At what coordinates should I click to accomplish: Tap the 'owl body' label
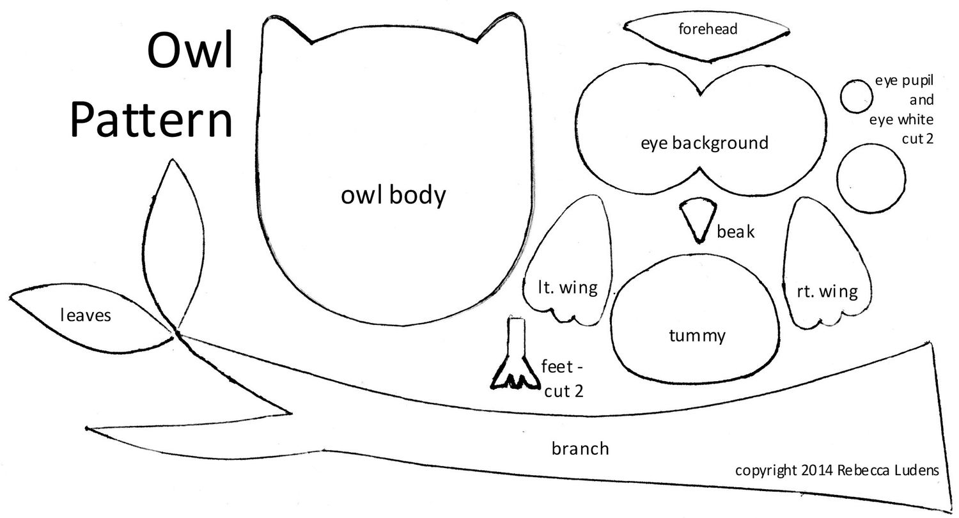pyautogui.click(x=393, y=195)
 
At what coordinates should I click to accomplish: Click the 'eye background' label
pyautogui.click(x=704, y=142)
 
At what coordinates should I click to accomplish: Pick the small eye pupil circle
pyautogui.click(x=856, y=97)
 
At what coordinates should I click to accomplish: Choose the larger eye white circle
pyautogui.click(x=870, y=177)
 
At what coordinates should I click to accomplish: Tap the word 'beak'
pyautogui.click(x=735, y=232)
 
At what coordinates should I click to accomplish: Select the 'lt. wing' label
pyautogui.click(x=567, y=287)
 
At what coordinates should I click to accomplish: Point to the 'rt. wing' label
pyautogui.click(x=827, y=292)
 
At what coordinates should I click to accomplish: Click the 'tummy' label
pyautogui.click(x=697, y=335)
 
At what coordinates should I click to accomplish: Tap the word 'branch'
pyautogui.click(x=580, y=448)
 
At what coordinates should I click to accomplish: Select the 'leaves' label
pyautogui.click(x=86, y=315)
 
